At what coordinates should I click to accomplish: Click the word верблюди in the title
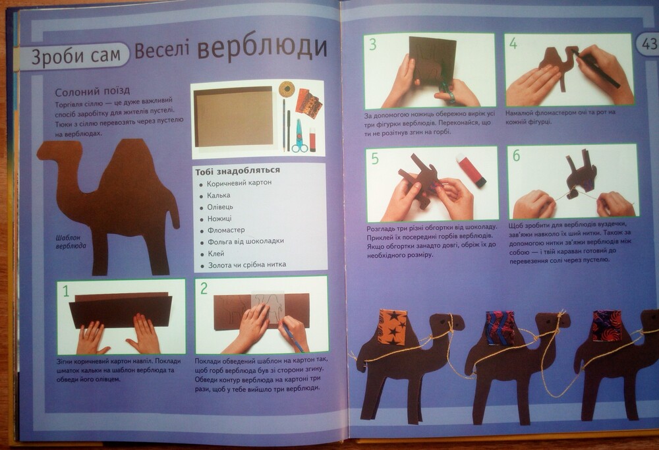tap(262, 48)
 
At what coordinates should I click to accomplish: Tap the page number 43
tap(649, 44)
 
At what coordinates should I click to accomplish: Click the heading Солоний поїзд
tap(92, 91)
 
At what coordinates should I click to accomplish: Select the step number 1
tap(65, 291)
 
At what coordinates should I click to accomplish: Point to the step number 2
tap(204, 288)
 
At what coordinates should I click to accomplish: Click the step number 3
tap(373, 45)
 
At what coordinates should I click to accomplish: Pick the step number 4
tap(513, 43)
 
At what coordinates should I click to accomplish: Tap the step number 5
tap(375, 158)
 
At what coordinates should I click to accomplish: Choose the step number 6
tap(516, 155)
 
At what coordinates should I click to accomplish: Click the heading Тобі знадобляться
tap(237, 170)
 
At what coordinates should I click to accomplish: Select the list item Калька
tap(219, 196)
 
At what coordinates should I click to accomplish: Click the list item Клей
tap(215, 254)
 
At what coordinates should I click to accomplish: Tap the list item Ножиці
tap(219, 219)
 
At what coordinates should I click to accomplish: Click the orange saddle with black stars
tap(393, 327)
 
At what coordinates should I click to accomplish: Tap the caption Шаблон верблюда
tap(71, 242)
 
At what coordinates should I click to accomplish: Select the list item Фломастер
tap(226, 230)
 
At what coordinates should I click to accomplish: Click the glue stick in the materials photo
tap(312, 140)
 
